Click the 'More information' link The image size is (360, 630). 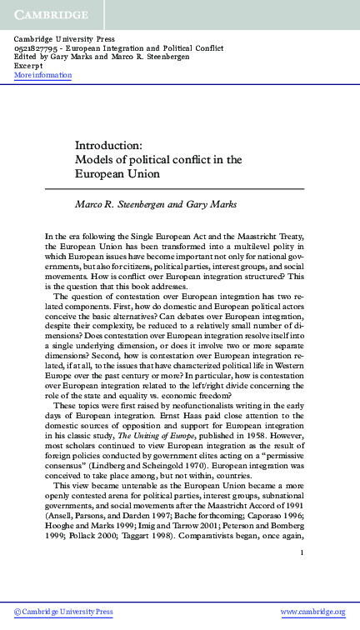pos(43,76)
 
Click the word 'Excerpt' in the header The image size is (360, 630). pos(29,67)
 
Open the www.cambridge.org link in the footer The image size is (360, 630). pos(312,612)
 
